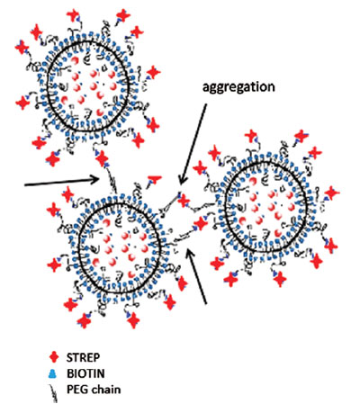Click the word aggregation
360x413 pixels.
(x=238, y=88)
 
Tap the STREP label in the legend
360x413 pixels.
(x=84, y=357)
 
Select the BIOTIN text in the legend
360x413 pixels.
(x=85, y=373)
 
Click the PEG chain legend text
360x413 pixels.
(x=94, y=390)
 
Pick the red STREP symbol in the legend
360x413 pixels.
(x=54, y=357)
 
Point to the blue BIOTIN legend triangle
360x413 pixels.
(x=52, y=373)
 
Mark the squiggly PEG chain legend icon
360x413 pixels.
(x=54, y=393)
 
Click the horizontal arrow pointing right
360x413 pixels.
(x=62, y=182)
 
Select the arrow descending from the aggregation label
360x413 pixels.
(x=193, y=144)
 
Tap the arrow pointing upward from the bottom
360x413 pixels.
(x=197, y=276)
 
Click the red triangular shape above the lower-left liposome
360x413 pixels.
(x=155, y=180)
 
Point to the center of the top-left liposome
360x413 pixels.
(x=88, y=86)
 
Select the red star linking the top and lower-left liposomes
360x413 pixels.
(x=103, y=158)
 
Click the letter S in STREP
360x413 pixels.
(x=69, y=357)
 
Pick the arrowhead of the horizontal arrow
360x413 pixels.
(x=96, y=180)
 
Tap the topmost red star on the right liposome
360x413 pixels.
(x=251, y=136)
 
